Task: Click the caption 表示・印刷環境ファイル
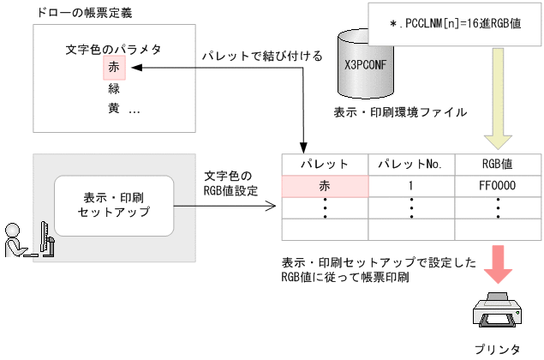(x=401, y=111)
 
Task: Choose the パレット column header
(x=325, y=164)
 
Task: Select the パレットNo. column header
(x=410, y=164)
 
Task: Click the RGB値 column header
(x=496, y=164)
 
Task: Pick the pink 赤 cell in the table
(x=325, y=185)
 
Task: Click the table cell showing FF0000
(x=496, y=185)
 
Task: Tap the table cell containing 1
(x=410, y=185)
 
